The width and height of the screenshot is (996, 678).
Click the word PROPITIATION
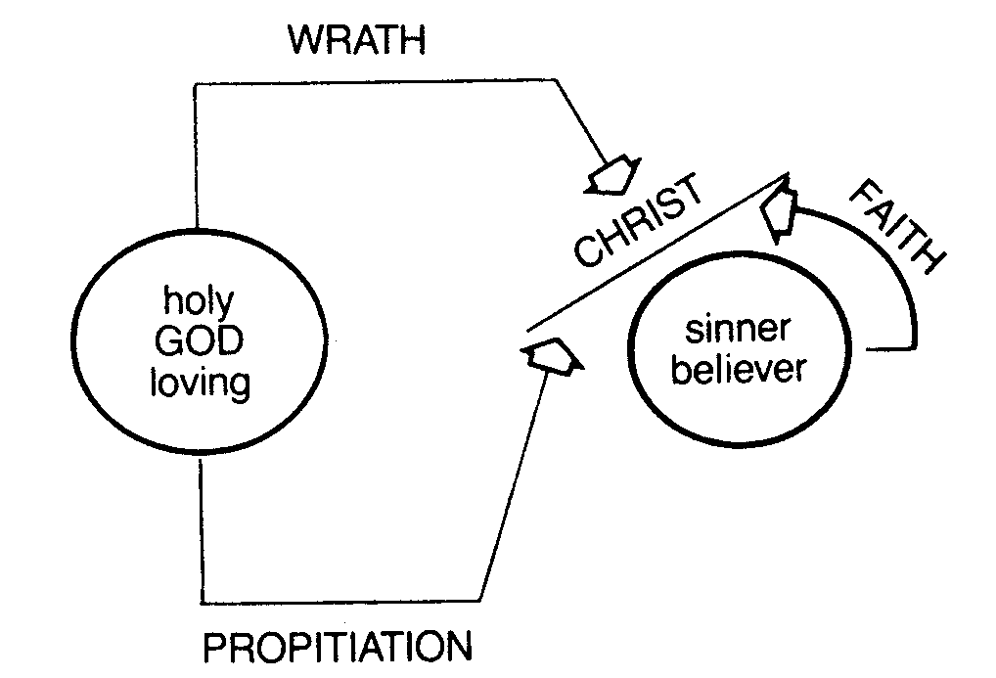coord(337,647)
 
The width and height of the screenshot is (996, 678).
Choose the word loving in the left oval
coord(200,383)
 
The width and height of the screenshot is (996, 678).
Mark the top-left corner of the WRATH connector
coord(196,84)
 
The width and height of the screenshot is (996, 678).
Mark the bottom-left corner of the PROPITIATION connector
coord(200,600)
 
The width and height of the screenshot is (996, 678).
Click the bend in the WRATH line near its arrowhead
coord(556,84)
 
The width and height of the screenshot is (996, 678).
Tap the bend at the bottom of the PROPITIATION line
coord(479,600)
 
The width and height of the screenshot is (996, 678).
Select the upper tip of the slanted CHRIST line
coord(786,175)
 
